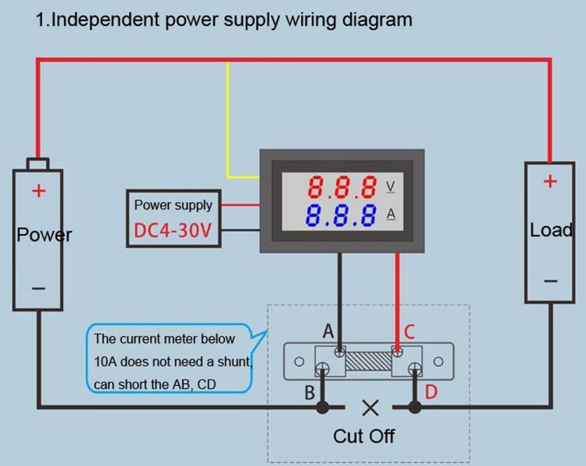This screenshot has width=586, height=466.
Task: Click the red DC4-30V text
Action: coord(172,231)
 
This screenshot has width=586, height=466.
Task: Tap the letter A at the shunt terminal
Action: coord(329,332)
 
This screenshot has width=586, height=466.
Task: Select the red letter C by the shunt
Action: coord(409,332)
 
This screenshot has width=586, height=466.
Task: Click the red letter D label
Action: coord(431,393)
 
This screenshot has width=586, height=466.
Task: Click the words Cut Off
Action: coord(364,436)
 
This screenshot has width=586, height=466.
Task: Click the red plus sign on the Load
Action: coord(550,182)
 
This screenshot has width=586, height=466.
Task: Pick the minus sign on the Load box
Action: coord(550,281)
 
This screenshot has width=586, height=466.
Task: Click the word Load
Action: coord(551,230)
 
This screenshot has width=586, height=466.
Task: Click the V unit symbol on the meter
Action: coord(390,186)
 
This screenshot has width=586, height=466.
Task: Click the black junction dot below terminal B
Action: coord(322,407)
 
